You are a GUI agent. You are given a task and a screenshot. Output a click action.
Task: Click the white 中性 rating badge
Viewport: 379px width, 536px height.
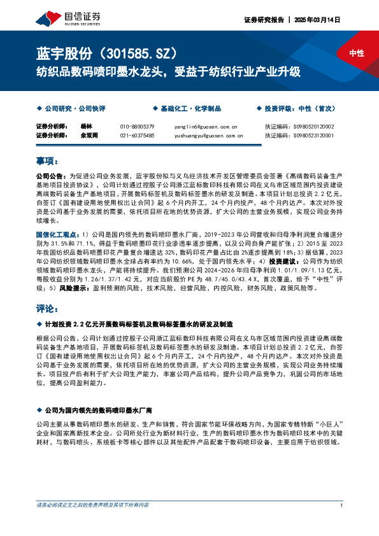(357, 53)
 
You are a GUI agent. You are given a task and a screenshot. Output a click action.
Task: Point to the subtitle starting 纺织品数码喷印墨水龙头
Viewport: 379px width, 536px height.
(168, 71)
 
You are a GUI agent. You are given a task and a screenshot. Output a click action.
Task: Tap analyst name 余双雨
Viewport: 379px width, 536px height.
(90, 136)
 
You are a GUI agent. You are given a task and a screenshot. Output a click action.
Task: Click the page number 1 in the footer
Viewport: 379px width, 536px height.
(343, 505)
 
